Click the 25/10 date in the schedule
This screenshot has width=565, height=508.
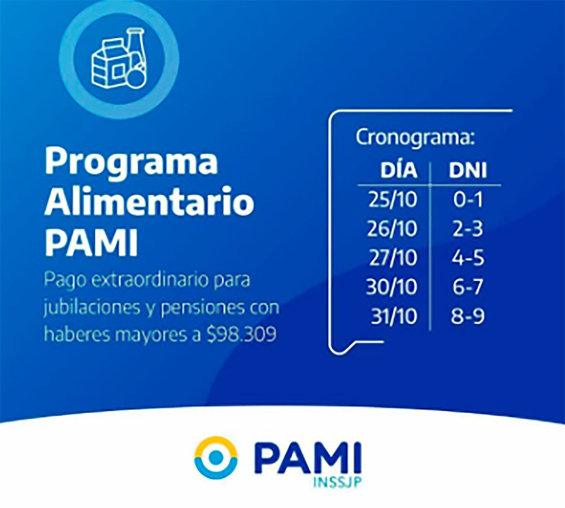pos(393,200)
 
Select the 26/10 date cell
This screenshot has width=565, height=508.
pos(392,229)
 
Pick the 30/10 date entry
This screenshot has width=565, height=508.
pos(392,287)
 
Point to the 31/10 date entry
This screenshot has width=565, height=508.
pos(394,316)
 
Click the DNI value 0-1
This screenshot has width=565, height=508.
pos(468,200)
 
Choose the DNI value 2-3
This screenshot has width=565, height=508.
pos(468,229)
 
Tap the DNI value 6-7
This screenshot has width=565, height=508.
pos(468,287)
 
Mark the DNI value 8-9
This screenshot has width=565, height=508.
pos(468,316)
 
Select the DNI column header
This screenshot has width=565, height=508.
pos(468,170)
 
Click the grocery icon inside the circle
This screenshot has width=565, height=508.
pos(119,58)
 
